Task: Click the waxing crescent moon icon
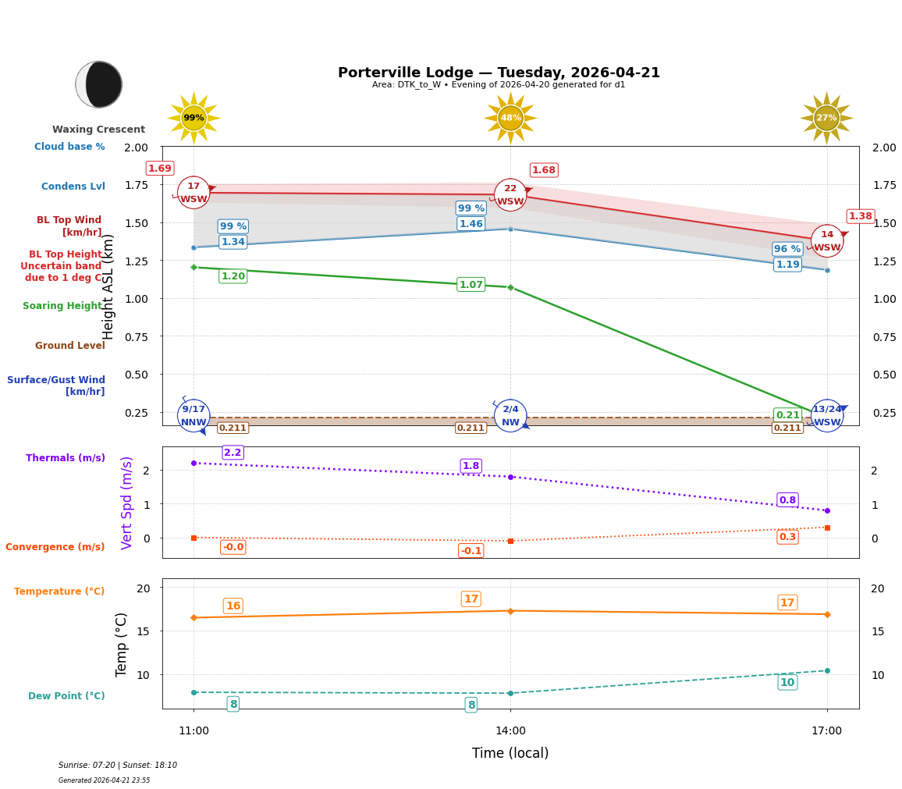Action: coord(99,84)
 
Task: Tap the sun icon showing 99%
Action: coord(194,118)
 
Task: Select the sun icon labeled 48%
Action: coord(510,118)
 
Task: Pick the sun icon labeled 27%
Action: coord(826,118)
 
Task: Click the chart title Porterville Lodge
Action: coord(499,73)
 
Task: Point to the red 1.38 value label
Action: coord(860,216)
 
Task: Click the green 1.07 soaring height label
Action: coord(471,285)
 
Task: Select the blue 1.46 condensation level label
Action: coord(471,224)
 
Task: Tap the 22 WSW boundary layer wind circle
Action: coord(510,195)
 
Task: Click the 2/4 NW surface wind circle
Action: coord(510,416)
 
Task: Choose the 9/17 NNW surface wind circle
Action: coord(194,416)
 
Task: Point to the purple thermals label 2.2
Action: coord(233,453)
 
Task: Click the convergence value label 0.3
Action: coord(787,537)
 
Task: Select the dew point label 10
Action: coord(787,683)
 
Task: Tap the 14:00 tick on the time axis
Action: coord(510,731)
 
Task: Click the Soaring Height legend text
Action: coord(62,306)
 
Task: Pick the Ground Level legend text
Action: coord(69,346)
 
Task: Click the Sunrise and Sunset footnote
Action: coord(118,766)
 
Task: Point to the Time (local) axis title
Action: coord(510,753)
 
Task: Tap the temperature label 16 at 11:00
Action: coord(233,606)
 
